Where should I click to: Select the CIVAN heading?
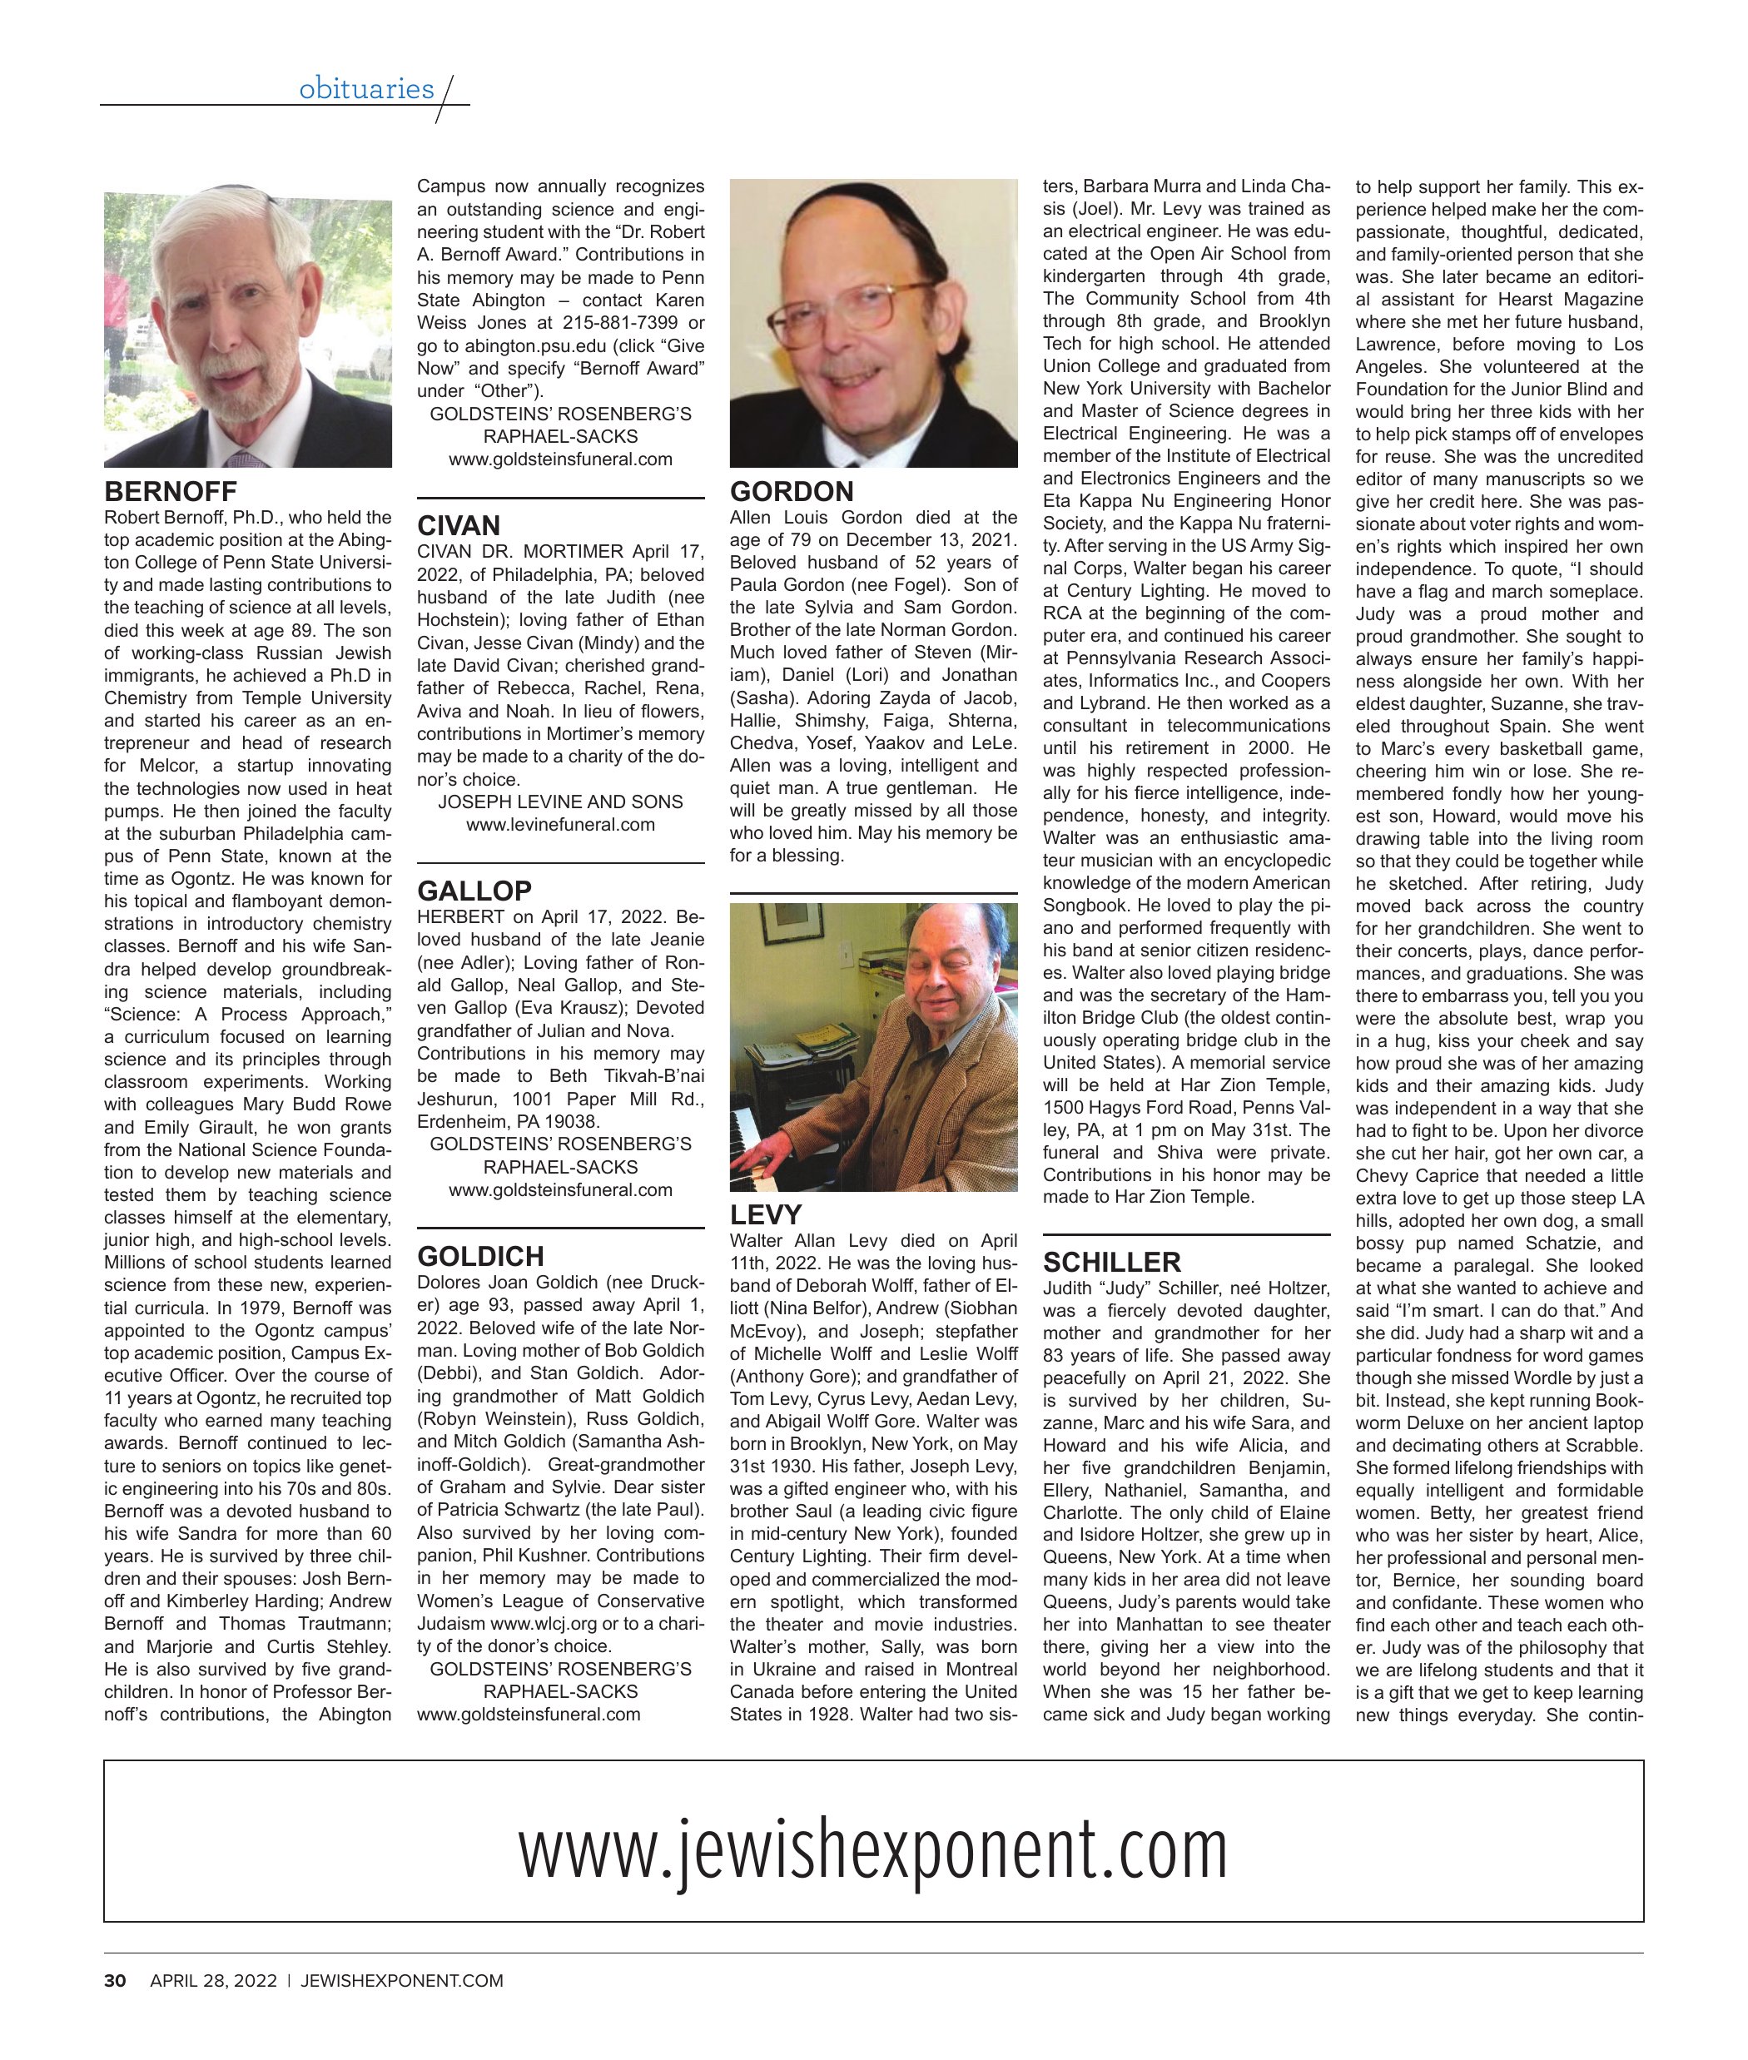pos(459,525)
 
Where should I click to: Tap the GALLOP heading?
pos(474,891)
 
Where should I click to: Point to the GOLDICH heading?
pos(480,1257)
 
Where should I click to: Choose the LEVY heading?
pos(765,1215)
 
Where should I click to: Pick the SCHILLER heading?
pos(1112,1263)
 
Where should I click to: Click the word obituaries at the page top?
pos(366,89)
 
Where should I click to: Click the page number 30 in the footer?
pos(115,1981)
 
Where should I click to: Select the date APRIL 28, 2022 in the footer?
pos(213,1981)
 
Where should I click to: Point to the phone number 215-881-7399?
pos(620,323)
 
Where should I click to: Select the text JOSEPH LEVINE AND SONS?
pos(560,802)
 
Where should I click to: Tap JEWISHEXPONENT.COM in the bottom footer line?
pos(401,1981)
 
